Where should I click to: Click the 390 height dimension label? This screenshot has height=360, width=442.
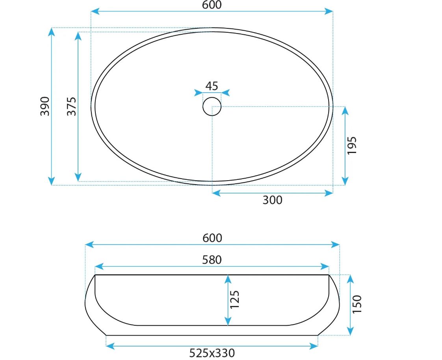pos(45,106)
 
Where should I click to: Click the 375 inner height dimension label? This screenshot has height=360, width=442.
pos(72,106)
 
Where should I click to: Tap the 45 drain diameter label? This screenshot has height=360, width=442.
pos(212,86)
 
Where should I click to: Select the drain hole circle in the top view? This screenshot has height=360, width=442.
pos(212,97)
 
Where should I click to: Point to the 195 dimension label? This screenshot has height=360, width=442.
pos(352,145)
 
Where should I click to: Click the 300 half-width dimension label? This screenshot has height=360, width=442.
pos(272,200)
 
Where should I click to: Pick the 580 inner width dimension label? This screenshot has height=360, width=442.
pos(212,260)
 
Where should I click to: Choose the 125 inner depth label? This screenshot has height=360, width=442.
pos(234,300)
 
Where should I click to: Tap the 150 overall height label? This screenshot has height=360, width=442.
pos(357,304)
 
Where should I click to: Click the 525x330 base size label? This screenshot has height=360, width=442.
pos(212,353)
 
